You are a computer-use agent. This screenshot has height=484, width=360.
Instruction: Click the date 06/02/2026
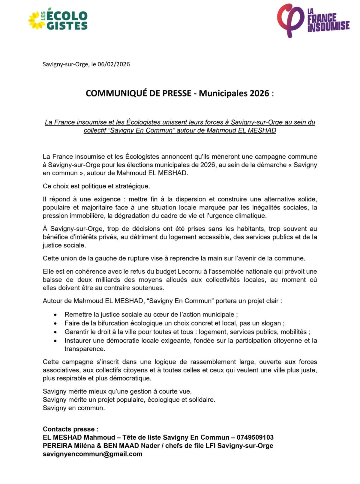click(114, 64)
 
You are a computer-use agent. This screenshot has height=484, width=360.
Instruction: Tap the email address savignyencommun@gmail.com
click(92, 454)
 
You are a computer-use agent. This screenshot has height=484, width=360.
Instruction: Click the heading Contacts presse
click(70, 429)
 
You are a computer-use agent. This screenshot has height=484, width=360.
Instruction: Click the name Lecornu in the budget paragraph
click(189, 272)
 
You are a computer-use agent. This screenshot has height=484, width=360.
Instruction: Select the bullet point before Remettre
click(55, 315)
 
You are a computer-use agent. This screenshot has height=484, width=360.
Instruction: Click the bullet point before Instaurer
click(55, 341)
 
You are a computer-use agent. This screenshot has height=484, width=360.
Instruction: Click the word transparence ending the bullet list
click(85, 349)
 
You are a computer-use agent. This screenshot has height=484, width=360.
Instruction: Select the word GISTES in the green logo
click(67, 26)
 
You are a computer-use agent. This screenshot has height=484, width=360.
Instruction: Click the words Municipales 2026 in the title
click(234, 93)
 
